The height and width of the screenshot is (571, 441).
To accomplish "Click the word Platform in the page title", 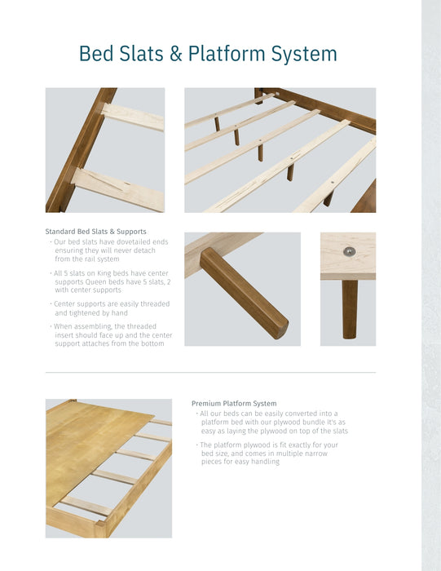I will [227, 54].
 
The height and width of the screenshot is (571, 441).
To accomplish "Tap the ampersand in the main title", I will [175, 54].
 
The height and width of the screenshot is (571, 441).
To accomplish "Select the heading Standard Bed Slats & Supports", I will [96, 232].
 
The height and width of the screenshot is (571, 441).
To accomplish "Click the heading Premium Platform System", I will [234, 403].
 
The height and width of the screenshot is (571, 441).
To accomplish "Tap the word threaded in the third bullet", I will [153, 303].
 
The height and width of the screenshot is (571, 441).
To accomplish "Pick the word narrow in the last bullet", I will [324, 454].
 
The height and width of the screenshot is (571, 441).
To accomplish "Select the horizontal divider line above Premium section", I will [210, 372].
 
